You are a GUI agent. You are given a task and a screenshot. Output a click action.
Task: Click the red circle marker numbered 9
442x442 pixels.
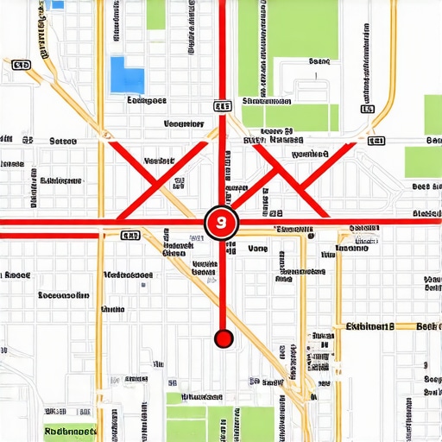pos(222,223)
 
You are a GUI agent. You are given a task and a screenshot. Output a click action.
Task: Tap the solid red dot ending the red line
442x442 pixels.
pos(224,338)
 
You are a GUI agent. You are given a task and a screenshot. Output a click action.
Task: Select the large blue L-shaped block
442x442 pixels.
pos(126,74)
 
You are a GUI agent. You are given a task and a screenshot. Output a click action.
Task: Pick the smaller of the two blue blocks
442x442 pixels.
pos(57,4)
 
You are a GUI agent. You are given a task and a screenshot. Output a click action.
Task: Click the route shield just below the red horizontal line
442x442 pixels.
pos(130,235)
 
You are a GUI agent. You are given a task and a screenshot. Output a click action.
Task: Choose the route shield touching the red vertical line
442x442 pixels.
pos(222,105)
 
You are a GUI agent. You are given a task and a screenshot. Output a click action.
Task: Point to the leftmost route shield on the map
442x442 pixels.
pos(22,64)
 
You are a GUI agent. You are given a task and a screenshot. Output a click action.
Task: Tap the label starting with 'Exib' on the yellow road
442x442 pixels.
pos(369,327)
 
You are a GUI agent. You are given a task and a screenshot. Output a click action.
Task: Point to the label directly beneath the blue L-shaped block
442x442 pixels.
pos(146,100)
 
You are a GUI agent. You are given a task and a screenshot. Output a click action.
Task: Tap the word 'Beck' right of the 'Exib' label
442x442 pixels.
pos(429,327)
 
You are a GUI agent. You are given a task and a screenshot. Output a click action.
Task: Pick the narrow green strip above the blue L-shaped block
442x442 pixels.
pos(155,15)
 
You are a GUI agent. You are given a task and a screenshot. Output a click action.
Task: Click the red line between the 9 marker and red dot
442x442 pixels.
pos(223,285)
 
